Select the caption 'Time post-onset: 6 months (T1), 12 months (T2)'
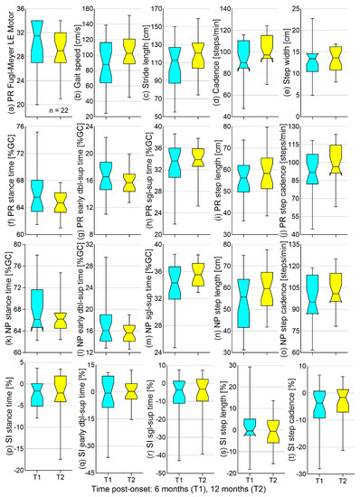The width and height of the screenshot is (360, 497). click(x=180, y=488)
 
